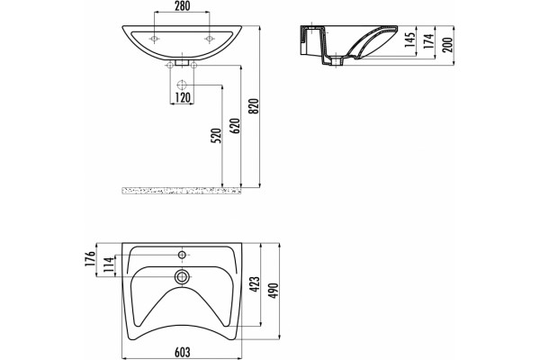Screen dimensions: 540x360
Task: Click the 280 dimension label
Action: pyautogui.click(x=182, y=6)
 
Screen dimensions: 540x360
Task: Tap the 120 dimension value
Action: pyautogui.click(x=182, y=98)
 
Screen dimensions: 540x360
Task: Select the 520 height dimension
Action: pyautogui.click(x=216, y=136)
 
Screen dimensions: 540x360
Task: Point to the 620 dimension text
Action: pyautogui.click(x=235, y=126)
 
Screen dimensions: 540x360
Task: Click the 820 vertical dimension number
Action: pyautogui.click(x=254, y=106)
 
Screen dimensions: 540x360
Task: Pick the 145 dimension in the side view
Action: pyautogui.click(x=409, y=40)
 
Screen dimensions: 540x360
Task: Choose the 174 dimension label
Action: pyautogui.click(x=428, y=41)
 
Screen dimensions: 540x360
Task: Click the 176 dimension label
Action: pyautogui.click(x=90, y=259)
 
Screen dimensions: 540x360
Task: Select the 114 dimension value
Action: pyautogui.click(x=108, y=265)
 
